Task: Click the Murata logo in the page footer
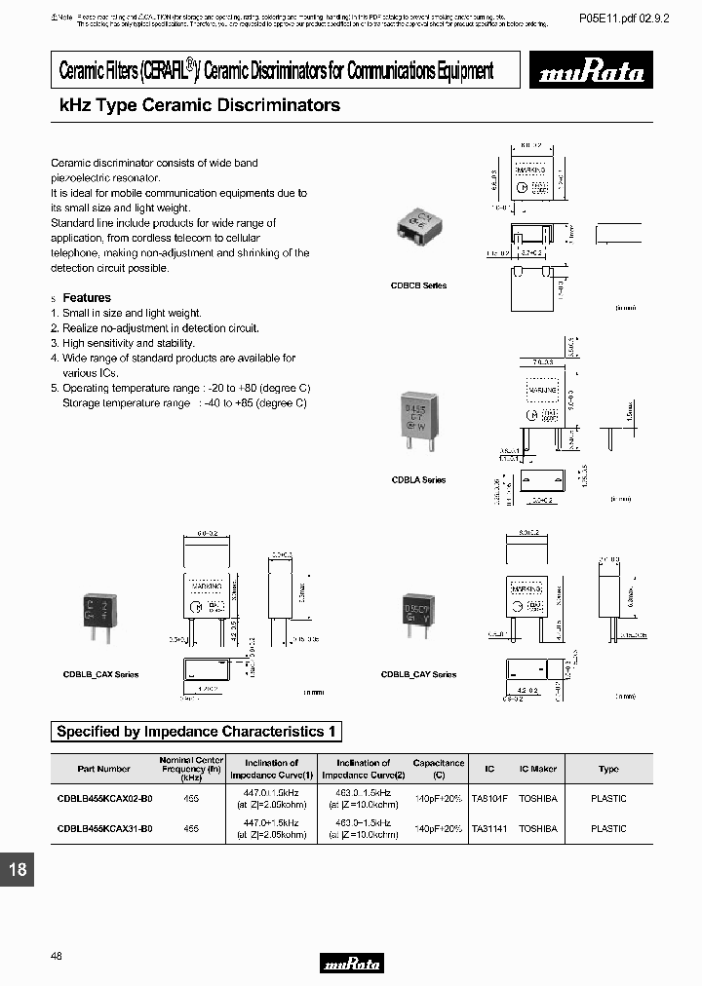351,964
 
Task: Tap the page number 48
56,957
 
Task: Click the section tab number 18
18,869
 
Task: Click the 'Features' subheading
87,297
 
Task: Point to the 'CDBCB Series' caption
419,285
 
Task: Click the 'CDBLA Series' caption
418,480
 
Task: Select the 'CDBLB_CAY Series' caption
418,674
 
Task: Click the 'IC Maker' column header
538,769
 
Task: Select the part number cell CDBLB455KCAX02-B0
104,799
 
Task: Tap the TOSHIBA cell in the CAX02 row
538,799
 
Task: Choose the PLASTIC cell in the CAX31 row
608,828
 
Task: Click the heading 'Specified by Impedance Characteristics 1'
196,732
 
